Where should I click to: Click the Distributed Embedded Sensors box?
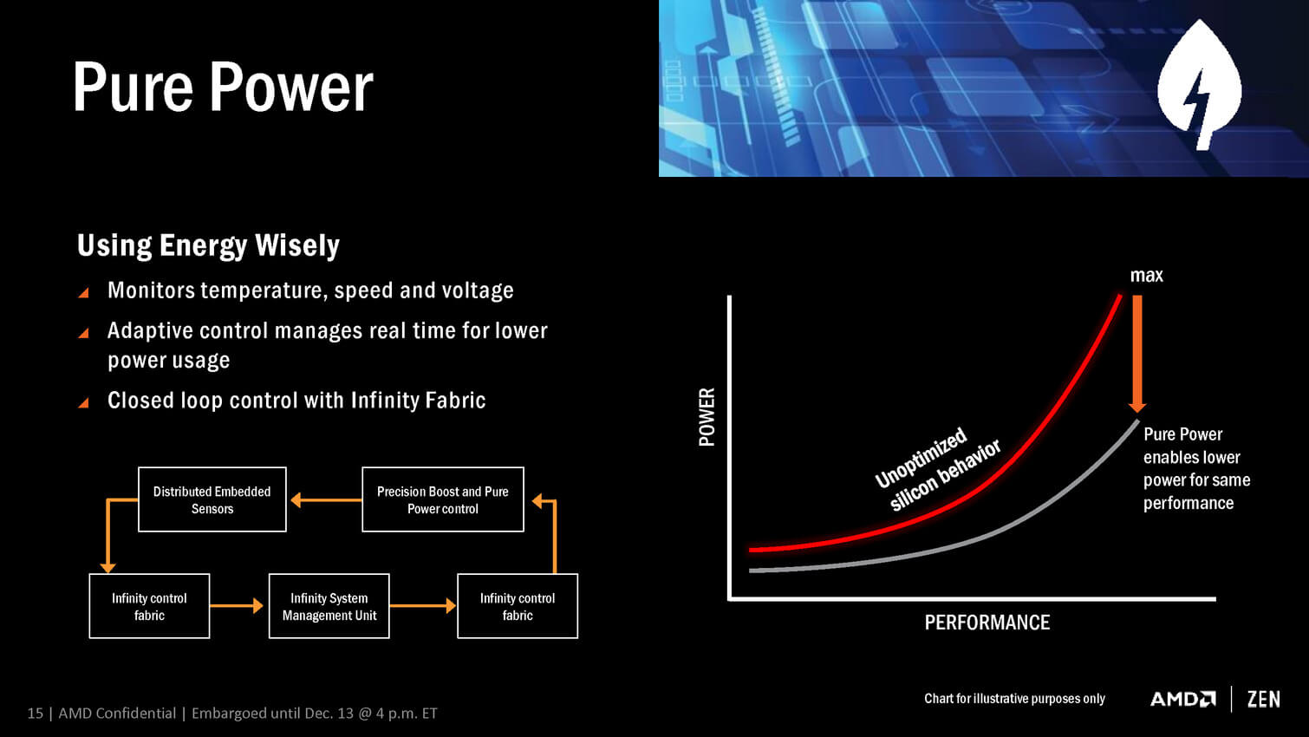[212, 499]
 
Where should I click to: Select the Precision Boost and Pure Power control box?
[443, 499]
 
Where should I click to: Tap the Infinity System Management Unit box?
[329, 606]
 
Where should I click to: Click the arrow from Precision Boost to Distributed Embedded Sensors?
[326, 500]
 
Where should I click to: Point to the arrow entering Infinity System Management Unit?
[237, 606]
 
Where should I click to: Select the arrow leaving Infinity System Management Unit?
[422, 606]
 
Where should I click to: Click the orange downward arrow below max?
[1137, 354]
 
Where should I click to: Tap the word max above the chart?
[1147, 275]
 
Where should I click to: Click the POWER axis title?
[707, 417]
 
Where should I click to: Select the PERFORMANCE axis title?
[987, 623]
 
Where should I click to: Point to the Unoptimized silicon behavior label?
[937, 469]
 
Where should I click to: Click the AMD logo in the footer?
[1183, 699]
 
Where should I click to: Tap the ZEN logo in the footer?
[1263, 699]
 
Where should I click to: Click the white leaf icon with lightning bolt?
[1200, 85]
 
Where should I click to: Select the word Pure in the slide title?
[133, 87]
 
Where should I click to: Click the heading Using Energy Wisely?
[208, 245]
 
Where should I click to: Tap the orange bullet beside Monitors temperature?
[83, 292]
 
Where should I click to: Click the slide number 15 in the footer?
[35, 713]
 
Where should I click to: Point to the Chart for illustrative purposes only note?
[1014, 699]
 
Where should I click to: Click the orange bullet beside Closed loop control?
[83, 402]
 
